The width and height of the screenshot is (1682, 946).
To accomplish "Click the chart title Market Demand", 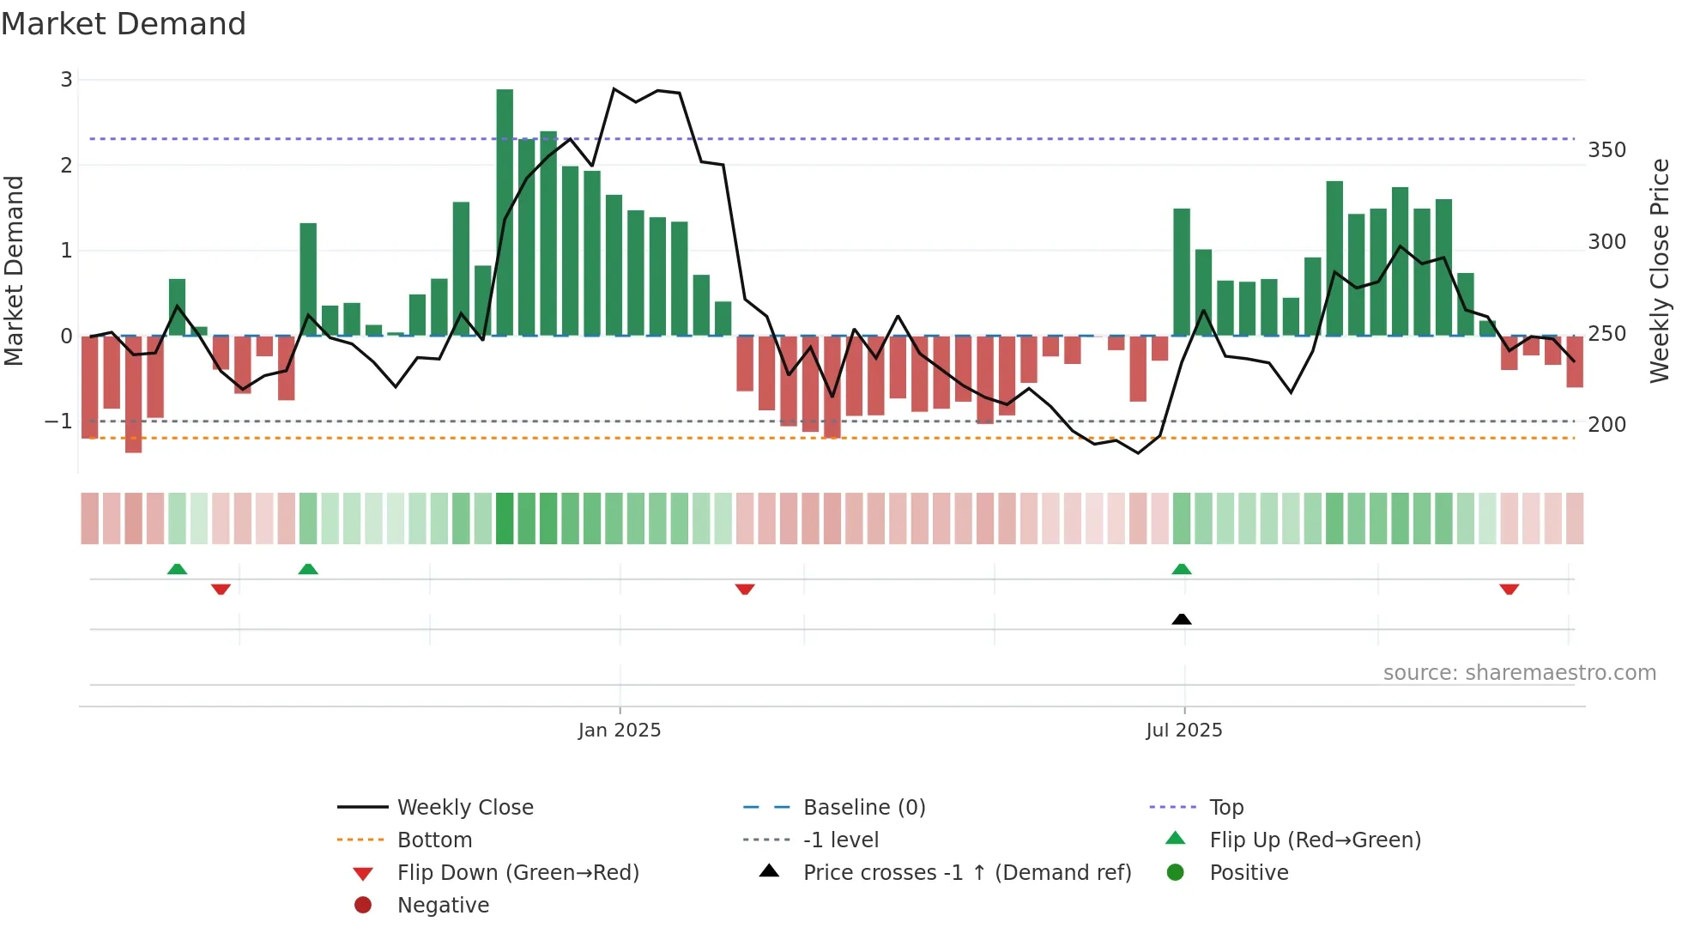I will click(124, 24).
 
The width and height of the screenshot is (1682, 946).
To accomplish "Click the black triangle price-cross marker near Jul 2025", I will click(1182, 619).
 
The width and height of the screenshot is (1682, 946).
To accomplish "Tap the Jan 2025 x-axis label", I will click(619, 731).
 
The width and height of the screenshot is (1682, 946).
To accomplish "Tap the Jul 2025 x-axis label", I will click(1183, 731).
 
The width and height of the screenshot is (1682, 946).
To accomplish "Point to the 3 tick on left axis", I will click(66, 80).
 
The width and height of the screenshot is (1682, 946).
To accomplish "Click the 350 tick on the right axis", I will click(1606, 150).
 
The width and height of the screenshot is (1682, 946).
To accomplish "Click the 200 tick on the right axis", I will click(1606, 425).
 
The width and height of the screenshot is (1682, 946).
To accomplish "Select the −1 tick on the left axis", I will click(58, 421).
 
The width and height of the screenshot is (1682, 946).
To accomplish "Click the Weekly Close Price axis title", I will click(1660, 270).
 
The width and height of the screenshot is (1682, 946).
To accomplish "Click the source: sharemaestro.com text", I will click(1519, 673).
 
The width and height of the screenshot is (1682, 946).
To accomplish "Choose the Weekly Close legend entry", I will click(464, 808).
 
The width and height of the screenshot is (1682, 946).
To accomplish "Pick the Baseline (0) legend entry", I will click(863, 808).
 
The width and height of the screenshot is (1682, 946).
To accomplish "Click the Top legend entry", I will click(1225, 808).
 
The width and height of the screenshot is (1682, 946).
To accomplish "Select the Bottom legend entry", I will click(434, 840).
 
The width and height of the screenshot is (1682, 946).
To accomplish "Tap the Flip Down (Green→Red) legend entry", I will click(517, 873).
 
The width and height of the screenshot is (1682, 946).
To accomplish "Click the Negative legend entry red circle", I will click(363, 906).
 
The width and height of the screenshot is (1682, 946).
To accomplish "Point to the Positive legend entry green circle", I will click(1176, 873).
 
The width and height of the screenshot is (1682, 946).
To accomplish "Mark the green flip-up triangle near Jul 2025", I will click(1182, 569).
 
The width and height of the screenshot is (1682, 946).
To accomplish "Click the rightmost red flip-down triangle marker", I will click(1510, 589).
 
